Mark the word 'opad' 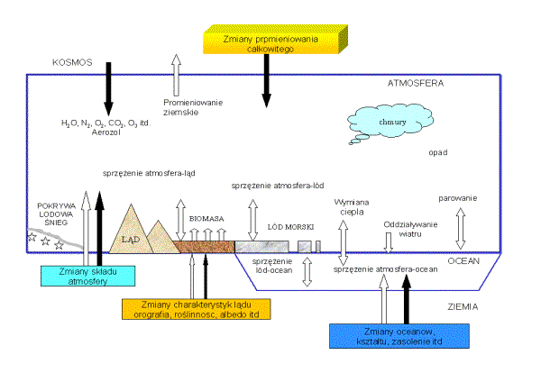(x=439, y=154)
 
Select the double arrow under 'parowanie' (x=461, y=228)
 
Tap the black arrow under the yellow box (x=266, y=82)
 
